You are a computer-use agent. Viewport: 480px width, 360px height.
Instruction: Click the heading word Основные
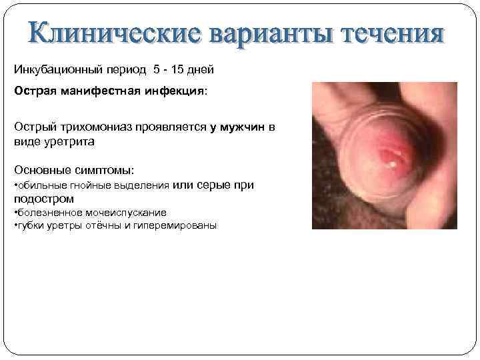[41, 171]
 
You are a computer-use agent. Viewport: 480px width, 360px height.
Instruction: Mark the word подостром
[43, 199]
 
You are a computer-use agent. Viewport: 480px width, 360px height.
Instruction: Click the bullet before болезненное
[16, 213]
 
